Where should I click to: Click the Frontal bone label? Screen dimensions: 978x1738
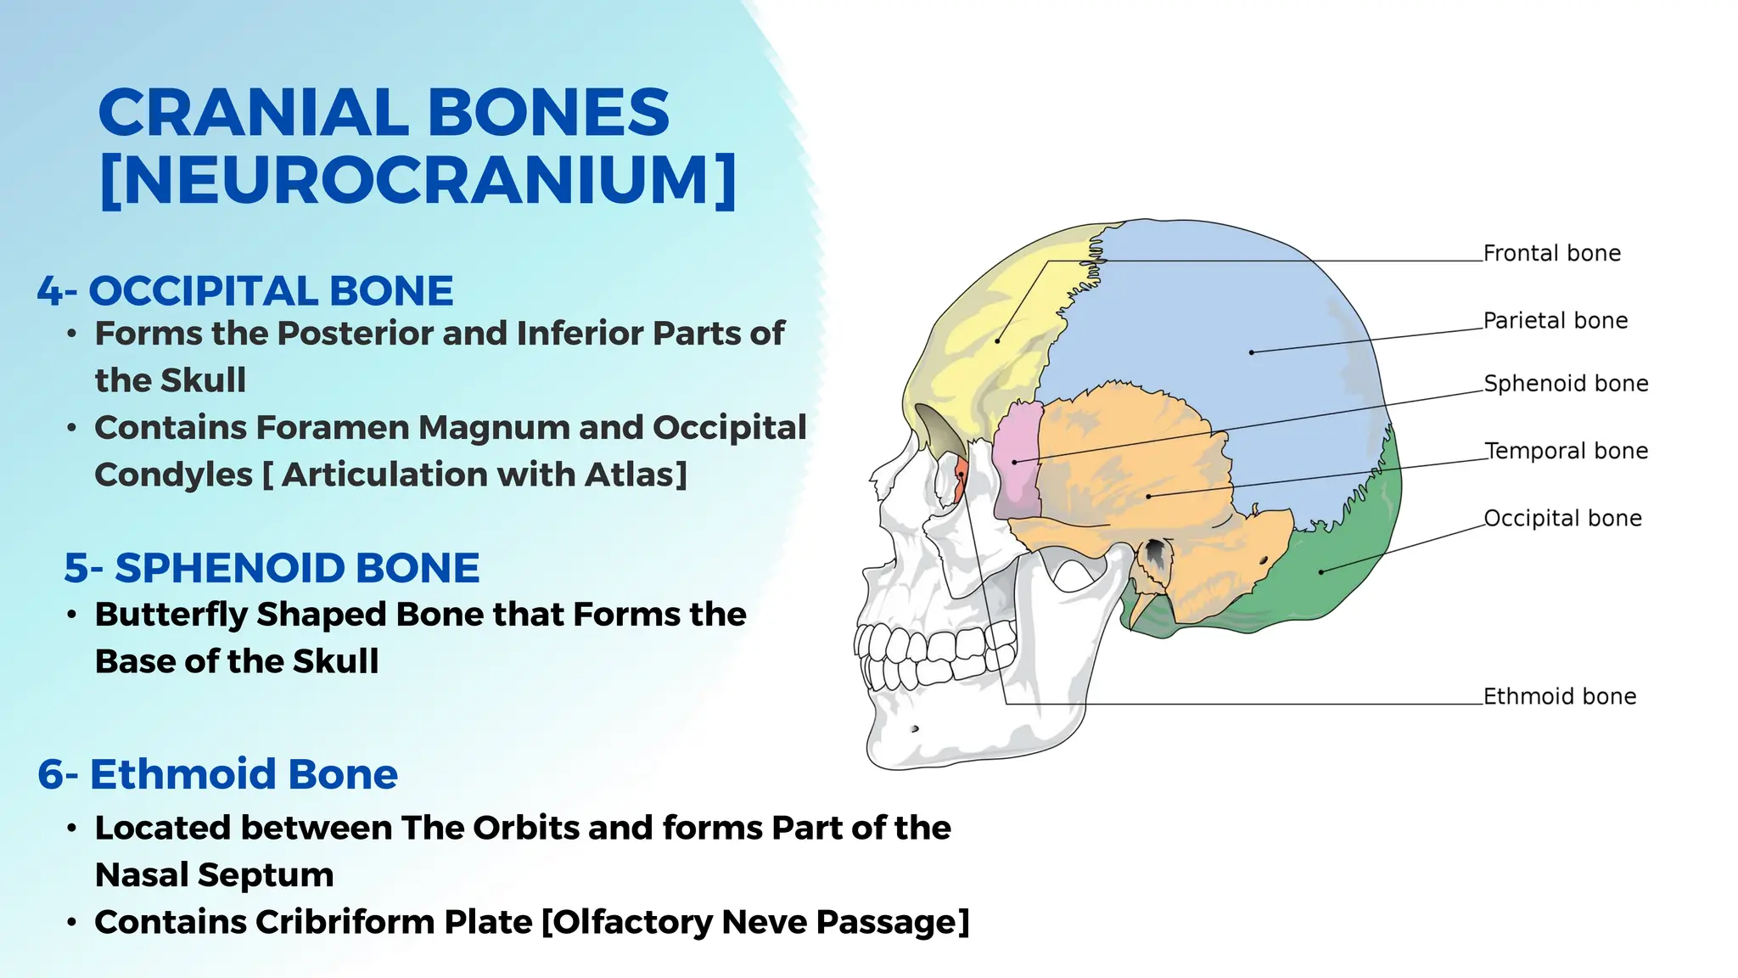[1551, 253]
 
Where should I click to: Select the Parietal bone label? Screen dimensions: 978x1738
[1555, 321]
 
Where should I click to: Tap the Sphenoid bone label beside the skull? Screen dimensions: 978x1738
[1565, 384]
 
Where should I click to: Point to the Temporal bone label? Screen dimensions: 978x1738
[1566, 451]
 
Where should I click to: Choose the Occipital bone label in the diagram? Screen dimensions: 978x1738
[1561, 518]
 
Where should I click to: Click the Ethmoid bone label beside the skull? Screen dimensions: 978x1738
[1559, 696]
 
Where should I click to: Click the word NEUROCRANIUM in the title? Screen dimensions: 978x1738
[418, 180]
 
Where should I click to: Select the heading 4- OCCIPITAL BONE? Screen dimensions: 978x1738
[245, 291]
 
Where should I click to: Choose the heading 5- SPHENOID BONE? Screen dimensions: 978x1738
[272, 568]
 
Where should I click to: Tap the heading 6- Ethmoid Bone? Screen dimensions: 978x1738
[218, 774]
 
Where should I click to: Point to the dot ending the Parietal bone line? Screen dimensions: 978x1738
[1251, 352]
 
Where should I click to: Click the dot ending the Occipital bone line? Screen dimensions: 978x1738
[1320, 572]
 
